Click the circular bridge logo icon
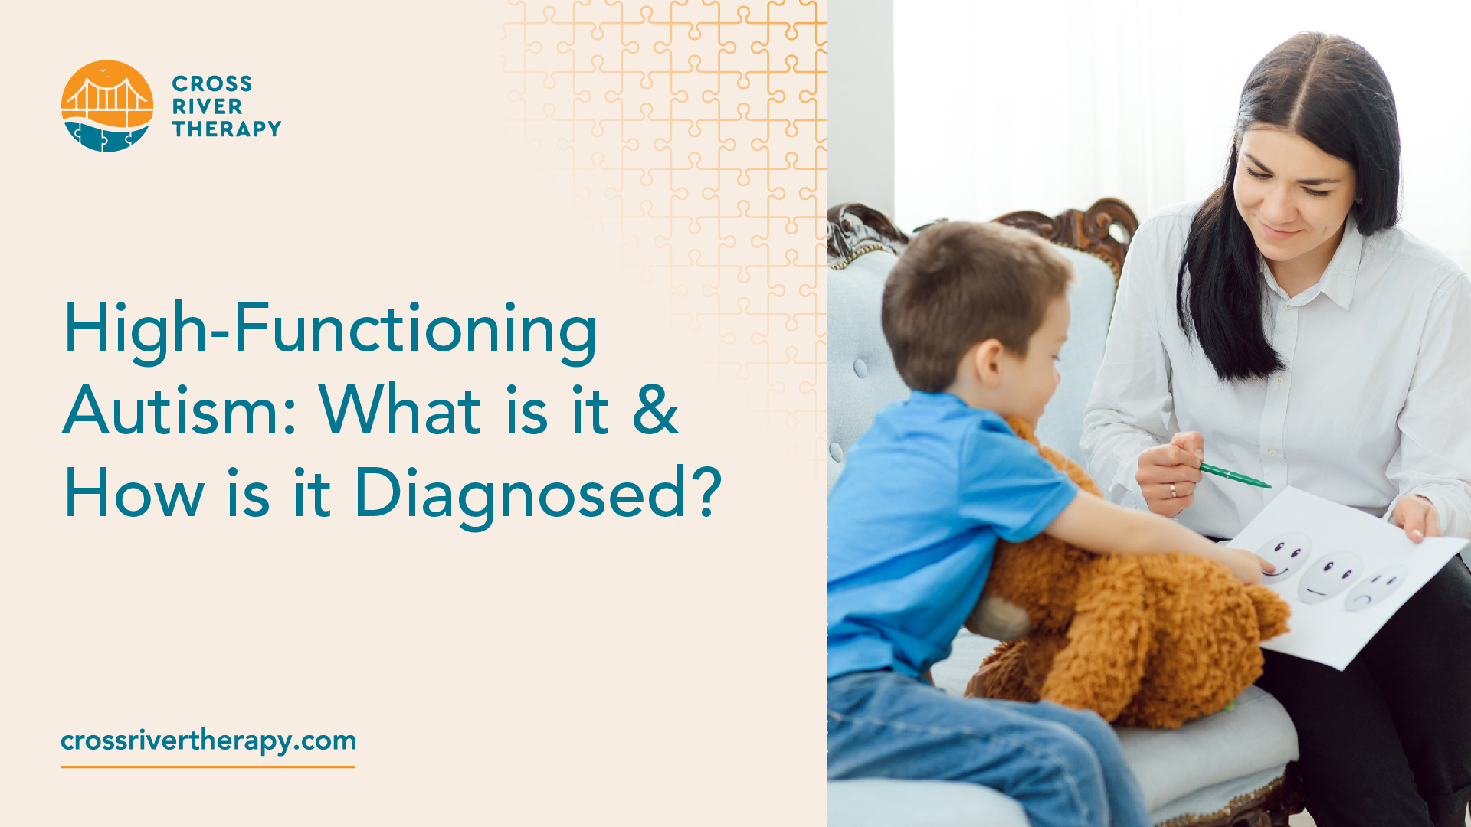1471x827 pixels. [x=106, y=106]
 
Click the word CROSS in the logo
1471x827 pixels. [x=211, y=83]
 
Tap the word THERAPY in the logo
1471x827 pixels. [x=226, y=129]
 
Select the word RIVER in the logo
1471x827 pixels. [x=207, y=106]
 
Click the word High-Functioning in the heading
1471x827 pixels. [x=329, y=329]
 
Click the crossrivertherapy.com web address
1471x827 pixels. [x=208, y=740]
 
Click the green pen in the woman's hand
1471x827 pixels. [x=1234, y=476]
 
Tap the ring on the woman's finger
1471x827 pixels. [x=1173, y=490]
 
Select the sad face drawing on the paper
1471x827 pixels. [x=1375, y=588]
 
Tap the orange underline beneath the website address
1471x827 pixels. [x=208, y=766]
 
